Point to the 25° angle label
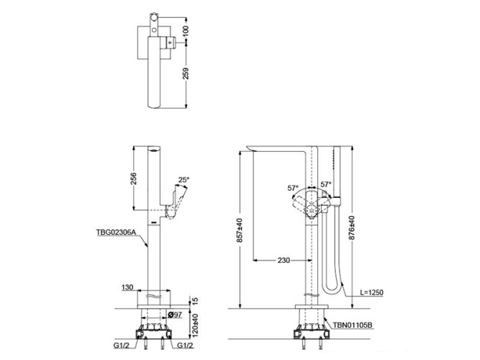click(x=184, y=180)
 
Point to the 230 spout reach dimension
click(x=284, y=261)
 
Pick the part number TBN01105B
click(x=352, y=325)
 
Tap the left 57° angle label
click(x=293, y=189)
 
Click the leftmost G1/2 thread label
click(x=121, y=345)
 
